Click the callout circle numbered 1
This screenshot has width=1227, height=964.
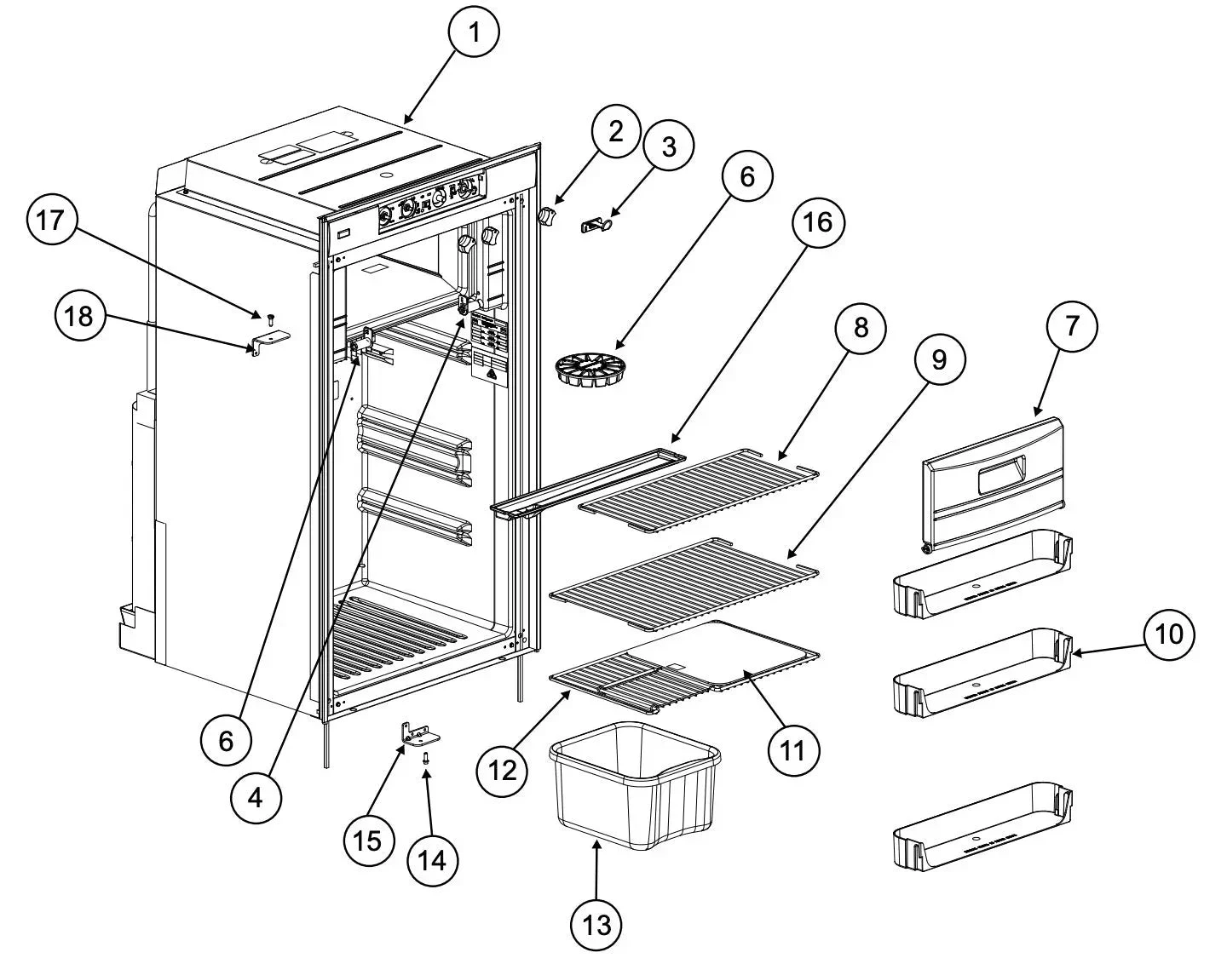(473, 33)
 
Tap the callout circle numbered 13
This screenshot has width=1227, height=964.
(597, 924)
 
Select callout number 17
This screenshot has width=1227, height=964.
(50, 221)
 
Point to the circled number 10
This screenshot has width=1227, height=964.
(1169, 634)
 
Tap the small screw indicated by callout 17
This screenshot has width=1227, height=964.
(269, 318)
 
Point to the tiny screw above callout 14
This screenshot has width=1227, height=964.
(427, 755)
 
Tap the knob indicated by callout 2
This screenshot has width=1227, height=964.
(546, 217)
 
